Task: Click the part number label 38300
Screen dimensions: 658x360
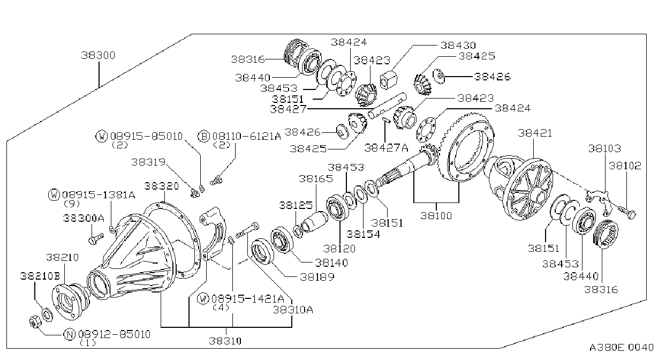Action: pyautogui.click(x=98, y=55)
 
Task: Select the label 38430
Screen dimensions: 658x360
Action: pyautogui.click(x=458, y=45)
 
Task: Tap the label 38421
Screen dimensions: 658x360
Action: pyautogui.click(x=535, y=133)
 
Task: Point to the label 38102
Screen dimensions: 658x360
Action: pyautogui.click(x=625, y=166)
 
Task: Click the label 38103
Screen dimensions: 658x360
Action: pyautogui.click(x=604, y=149)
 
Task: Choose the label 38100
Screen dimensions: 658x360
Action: pyautogui.click(x=436, y=216)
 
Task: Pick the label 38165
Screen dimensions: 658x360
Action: pyautogui.click(x=316, y=178)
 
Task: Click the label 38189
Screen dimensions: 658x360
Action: pyautogui.click(x=317, y=277)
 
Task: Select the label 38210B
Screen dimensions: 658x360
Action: pyautogui.click(x=40, y=276)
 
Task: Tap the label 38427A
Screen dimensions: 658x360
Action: pyautogui.click(x=386, y=148)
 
